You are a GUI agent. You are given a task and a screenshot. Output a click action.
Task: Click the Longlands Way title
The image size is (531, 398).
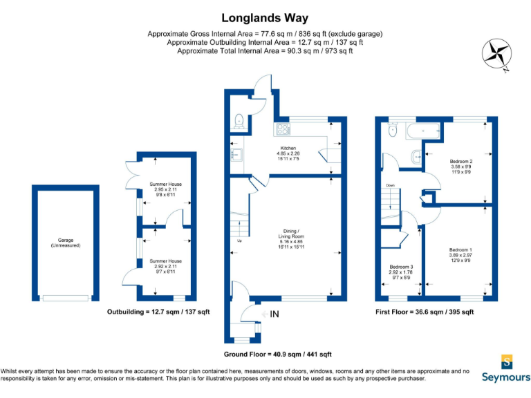pos(265,18)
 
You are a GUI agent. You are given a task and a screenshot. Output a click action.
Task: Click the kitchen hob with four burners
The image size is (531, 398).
pos(283,129)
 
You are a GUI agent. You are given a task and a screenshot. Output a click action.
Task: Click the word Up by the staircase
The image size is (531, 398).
pos(240,240)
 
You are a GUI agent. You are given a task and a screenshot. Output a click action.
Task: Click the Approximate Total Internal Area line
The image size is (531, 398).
pos(265,50)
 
